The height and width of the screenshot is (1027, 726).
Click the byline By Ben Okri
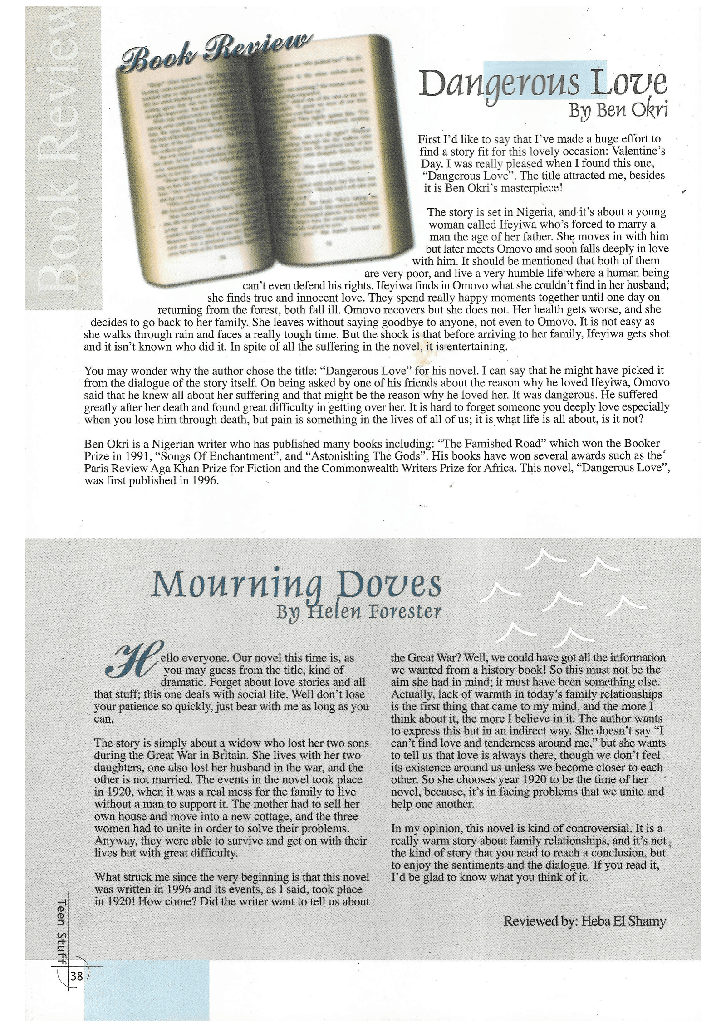(618, 110)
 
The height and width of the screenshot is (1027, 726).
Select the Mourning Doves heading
(295, 585)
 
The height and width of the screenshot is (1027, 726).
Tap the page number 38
(77, 973)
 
